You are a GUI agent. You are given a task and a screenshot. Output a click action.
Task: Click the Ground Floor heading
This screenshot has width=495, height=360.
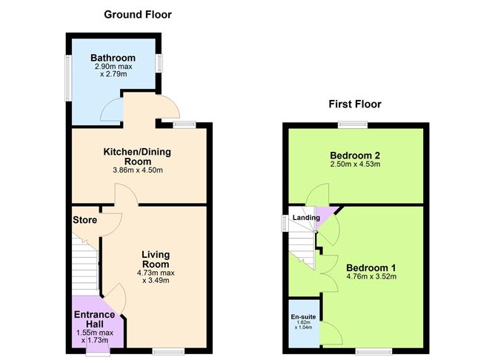(x=138, y=14)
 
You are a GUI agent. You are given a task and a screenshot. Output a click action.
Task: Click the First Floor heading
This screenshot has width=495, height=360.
(x=355, y=104)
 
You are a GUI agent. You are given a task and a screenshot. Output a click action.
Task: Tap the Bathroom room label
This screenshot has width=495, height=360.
(x=112, y=58)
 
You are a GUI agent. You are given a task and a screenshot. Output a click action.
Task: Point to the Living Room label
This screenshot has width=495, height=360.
(x=156, y=259)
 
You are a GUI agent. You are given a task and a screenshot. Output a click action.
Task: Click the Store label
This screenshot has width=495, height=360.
(x=85, y=220)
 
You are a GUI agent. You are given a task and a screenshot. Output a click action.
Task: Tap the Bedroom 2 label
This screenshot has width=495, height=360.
(x=355, y=155)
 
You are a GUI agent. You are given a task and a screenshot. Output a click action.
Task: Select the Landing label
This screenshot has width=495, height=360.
(x=306, y=217)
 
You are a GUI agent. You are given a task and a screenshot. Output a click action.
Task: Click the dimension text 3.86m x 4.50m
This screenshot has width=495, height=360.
(x=137, y=170)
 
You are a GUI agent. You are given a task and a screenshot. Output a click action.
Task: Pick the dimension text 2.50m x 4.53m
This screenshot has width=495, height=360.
(x=355, y=164)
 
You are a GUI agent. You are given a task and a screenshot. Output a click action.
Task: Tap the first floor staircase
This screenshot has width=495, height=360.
(x=301, y=244)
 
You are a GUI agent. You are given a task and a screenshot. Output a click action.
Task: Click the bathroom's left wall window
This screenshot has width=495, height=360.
(x=67, y=76)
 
